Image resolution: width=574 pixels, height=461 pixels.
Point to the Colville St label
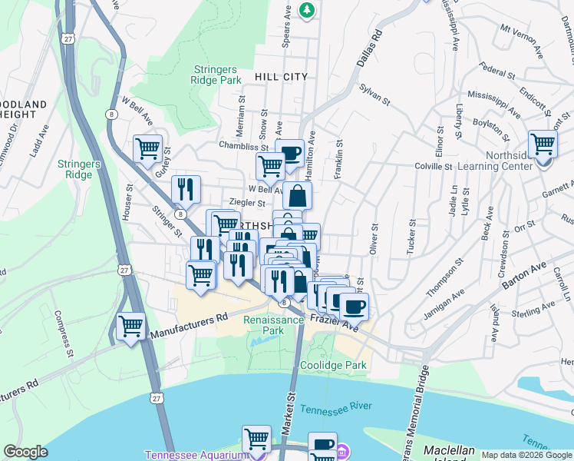[x=434, y=166]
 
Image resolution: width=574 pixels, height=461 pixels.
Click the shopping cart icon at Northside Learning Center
[x=543, y=144]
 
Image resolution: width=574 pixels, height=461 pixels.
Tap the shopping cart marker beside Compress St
[x=131, y=326]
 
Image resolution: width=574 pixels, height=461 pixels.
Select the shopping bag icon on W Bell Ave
[x=299, y=195]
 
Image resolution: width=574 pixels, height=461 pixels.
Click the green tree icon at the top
[x=307, y=9]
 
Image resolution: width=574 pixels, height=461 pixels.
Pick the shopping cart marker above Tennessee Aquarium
[x=256, y=439]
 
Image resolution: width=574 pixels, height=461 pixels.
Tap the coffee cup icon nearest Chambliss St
[x=289, y=152]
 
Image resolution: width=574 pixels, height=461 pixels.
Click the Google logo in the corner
[x=25, y=452]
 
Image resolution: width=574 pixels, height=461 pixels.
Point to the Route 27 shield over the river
[x=157, y=399]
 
